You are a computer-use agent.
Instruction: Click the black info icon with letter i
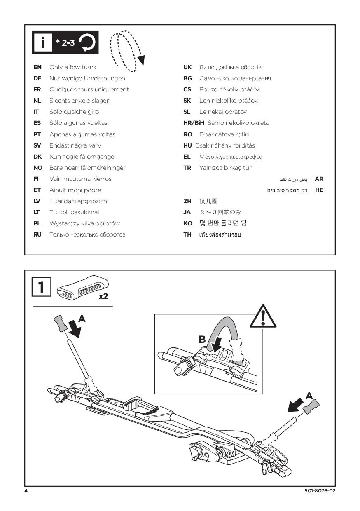[42, 42]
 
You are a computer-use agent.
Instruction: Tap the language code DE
[37, 78]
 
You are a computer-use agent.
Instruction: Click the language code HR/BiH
[194, 123]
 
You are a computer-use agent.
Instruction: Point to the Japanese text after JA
[221, 212]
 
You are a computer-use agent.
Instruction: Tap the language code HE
[319, 190]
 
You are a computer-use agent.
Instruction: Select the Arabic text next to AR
[294, 179]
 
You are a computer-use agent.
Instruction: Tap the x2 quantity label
[103, 296]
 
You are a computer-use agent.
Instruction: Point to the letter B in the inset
[202, 340]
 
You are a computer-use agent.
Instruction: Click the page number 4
[26, 491]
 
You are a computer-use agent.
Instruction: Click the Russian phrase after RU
[87, 234]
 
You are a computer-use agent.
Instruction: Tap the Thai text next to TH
[220, 234]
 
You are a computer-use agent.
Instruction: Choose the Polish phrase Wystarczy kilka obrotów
[84, 223]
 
